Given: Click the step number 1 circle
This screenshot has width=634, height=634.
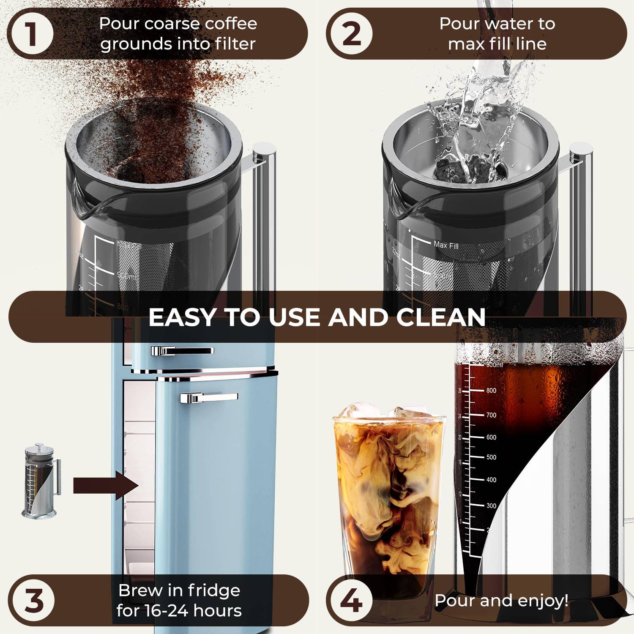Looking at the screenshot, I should pyautogui.click(x=32, y=34).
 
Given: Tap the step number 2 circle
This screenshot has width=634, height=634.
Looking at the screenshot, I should pyautogui.click(x=351, y=34).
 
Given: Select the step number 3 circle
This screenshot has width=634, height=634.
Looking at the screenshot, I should pyautogui.click(x=34, y=600).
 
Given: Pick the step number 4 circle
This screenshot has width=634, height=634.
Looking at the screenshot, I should pyautogui.click(x=351, y=600).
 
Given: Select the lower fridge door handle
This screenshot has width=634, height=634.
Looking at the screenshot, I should pyautogui.click(x=209, y=397).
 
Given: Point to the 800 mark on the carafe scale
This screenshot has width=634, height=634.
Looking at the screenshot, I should pyautogui.click(x=491, y=391).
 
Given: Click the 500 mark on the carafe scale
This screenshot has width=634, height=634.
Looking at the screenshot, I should pyautogui.click(x=491, y=457).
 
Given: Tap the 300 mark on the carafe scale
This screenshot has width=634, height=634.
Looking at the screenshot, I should pyautogui.click(x=491, y=506).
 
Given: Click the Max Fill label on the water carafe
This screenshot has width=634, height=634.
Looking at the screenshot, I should pyautogui.click(x=446, y=245).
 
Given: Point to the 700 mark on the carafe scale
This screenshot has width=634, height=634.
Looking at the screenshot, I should pyautogui.click(x=491, y=415).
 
